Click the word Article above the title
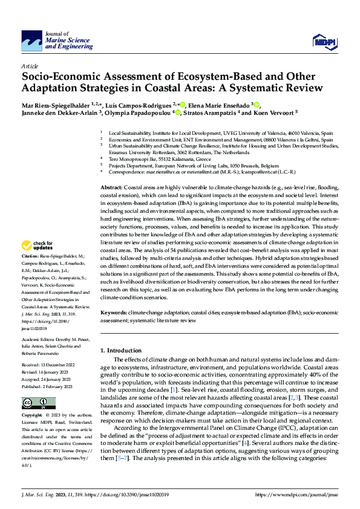[29, 66]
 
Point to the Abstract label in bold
[111, 172]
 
